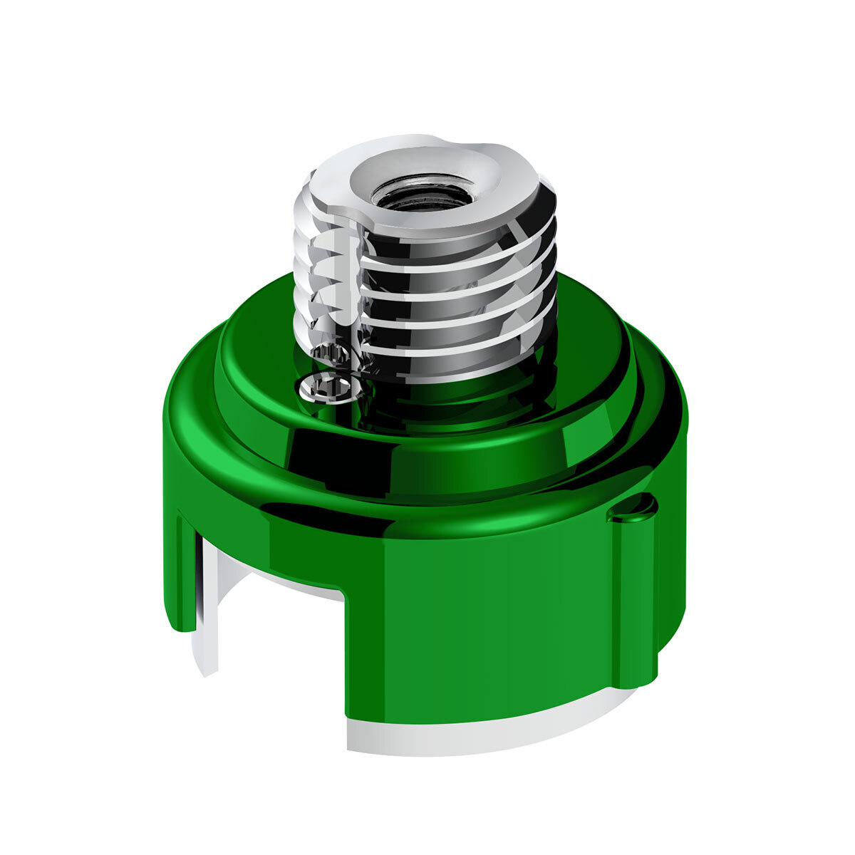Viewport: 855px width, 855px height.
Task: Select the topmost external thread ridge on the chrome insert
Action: (456, 246)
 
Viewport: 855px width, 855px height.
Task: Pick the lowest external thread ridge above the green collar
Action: (456, 356)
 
